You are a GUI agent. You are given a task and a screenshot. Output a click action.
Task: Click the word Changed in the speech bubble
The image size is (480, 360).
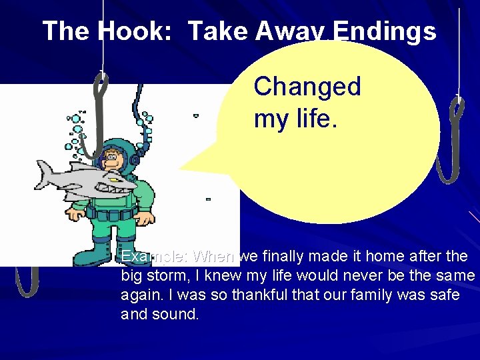307,86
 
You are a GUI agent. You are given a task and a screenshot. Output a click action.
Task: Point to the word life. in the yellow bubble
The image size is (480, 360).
314,119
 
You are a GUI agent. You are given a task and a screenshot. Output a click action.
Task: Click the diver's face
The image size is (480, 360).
113,159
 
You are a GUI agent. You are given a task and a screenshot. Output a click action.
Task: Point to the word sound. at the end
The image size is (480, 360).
177,313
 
